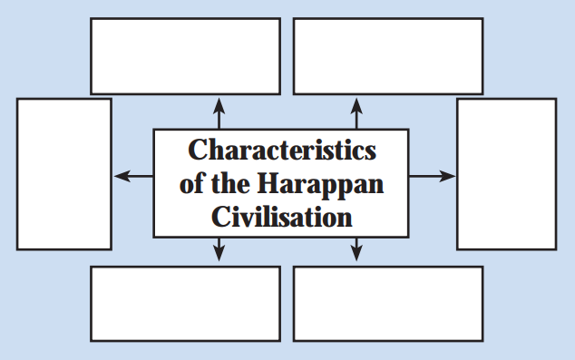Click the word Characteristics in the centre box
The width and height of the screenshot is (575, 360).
pos(282,150)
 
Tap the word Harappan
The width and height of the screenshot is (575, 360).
pos(320,184)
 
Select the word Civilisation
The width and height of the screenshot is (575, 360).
pos(282,217)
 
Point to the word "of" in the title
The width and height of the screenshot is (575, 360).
pos(191,183)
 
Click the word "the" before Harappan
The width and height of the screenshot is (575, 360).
pos(230,183)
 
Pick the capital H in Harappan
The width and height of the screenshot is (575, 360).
pos(269,183)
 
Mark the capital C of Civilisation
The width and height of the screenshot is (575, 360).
pos(221,217)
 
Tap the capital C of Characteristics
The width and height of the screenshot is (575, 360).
pos(198,150)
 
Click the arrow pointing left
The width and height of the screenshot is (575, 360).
pos(133,176)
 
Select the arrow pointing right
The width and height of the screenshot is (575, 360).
pos(432,176)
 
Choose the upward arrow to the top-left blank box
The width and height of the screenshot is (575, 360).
pos(219,113)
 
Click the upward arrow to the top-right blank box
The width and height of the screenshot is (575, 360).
pos(356,113)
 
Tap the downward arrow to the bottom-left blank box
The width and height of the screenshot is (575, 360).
pos(219,249)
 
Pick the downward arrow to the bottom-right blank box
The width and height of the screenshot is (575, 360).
pos(356,249)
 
